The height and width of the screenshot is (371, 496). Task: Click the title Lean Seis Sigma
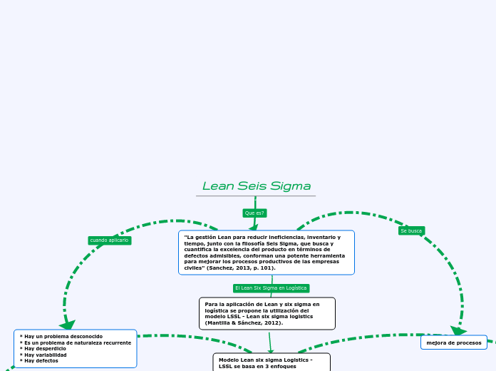click(256, 186)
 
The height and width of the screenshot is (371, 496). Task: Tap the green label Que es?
click(254, 213)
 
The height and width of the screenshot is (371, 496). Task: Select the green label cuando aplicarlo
click(109, 240)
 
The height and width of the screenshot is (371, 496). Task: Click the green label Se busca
click(411, 230)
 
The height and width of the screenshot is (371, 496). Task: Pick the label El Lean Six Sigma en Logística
click(271, 288)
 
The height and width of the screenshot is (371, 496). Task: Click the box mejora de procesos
click(454, 343)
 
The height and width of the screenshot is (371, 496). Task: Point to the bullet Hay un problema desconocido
click(63, 336)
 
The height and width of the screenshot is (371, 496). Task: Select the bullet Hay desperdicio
click(45, 348)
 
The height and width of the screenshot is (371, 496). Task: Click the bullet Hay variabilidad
click(46, 355)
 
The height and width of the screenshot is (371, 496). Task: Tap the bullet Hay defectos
click(41, 361)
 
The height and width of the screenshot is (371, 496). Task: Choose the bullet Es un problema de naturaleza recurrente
click(77, 342)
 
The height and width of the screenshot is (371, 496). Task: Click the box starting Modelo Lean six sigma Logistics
click(272, 362)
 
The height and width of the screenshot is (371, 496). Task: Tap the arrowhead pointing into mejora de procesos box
click(458, 331)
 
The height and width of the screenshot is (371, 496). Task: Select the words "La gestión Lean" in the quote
click(208, 237)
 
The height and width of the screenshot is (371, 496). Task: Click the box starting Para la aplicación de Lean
click(267, 313)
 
